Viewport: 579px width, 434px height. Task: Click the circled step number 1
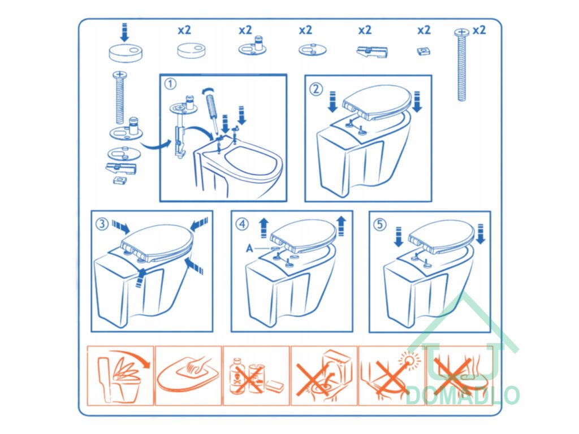point(170,84)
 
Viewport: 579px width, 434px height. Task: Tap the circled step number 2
point(316,89)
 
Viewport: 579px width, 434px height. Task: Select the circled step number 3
point(102,224)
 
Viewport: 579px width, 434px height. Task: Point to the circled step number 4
point(242,224)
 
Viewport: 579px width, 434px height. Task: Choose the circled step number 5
point(380,224)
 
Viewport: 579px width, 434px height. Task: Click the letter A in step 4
point(249,249)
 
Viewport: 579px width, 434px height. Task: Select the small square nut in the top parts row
point(424,51)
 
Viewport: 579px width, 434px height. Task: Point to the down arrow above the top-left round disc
point(124,32)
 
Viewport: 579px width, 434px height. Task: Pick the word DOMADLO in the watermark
point(463,395)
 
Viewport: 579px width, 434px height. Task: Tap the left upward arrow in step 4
point(263,228)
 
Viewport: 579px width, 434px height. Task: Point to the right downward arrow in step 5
point(481,234)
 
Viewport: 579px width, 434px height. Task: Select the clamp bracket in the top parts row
point(372,51)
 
